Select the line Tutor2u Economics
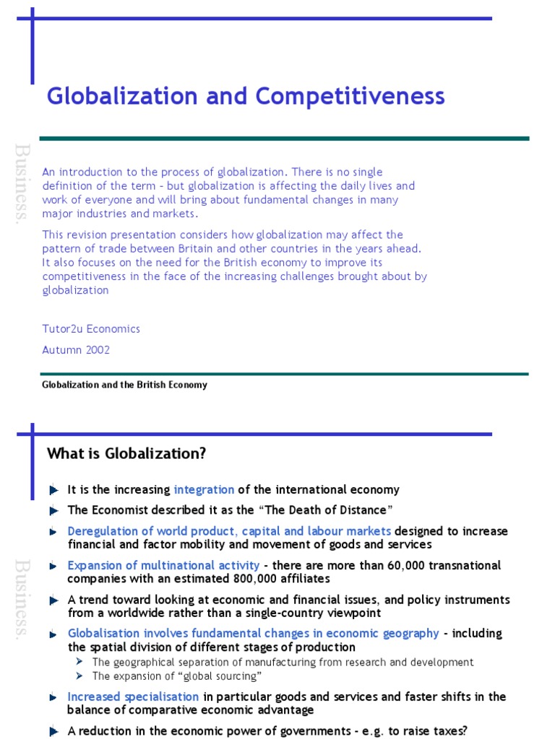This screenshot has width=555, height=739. [x=91, y=329]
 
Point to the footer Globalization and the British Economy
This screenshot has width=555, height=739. [x=125, y=385]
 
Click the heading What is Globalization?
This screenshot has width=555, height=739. [x=126, y=454]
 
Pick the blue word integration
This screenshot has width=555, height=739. [x=204, y=490]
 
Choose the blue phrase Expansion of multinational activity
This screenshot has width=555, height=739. [x=163, y=566]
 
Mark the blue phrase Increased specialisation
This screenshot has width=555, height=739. [x=133, y=697]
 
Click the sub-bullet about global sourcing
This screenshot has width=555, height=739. [x=176, y=676]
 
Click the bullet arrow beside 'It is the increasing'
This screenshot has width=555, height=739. [x=54, y=490]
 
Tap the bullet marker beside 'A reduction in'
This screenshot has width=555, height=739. [x=54, y=731]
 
